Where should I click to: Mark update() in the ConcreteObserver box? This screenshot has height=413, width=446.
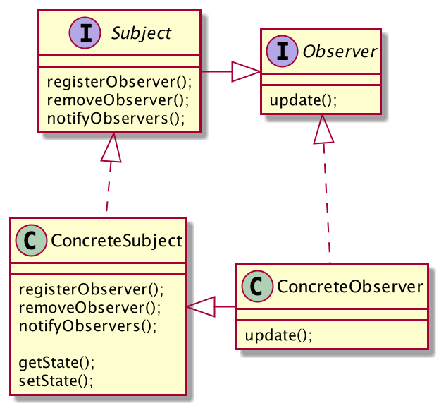(278, 335)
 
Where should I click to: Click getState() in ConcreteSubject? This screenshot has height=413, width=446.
(56, 363)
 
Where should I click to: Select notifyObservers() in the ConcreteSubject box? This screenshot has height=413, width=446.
(87, 325)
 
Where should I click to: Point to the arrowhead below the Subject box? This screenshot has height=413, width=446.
(111, 148)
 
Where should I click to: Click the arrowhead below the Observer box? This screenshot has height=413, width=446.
(323, 128)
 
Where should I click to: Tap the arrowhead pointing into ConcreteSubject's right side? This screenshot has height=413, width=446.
(199, 306)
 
